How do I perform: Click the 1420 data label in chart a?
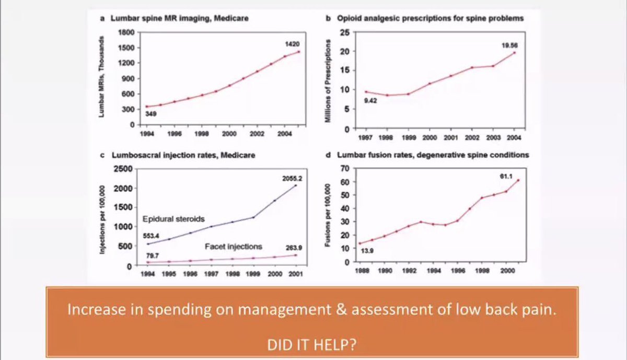(x=292, y=44)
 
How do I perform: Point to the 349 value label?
(x=150, y=114)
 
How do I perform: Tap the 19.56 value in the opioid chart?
(x=509, y=45)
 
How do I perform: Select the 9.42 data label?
(x=370, y=100)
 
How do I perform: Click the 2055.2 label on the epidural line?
(x=292, y=178)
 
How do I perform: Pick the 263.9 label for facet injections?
(x=294, y=248)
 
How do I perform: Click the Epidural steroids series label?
(x=173, y=219)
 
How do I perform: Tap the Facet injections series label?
(x=234, y=247)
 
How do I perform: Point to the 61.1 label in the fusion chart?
(x=506, y=177)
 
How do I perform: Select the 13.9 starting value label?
(x=367, y=251)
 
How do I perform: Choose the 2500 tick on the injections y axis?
(x=123, y=169)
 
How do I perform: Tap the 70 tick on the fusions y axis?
(x=345, y=168)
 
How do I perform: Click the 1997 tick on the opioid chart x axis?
(x=365, y=138)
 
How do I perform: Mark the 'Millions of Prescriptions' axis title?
(x=328, y=81)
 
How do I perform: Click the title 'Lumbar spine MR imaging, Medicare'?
(x=179, y=18)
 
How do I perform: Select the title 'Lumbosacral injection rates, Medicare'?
(x=183, y=155)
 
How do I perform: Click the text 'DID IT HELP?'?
(x=312, y=345)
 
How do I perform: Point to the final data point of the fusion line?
(x=518, y=180)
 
